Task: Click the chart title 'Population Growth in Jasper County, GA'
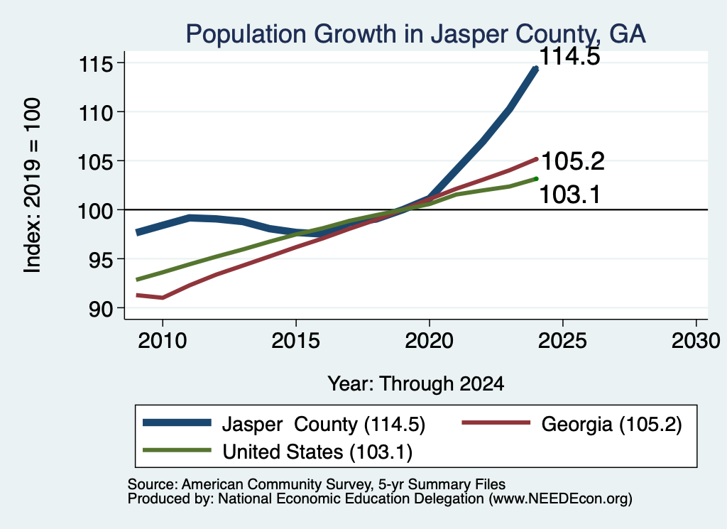pyautogui.click(x=415, y=34)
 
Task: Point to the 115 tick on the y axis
pyautogui.click(x=96, y=64)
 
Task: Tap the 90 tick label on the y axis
pyautogui.click(x=101, y=309)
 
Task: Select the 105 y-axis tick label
pyautogui.click(x=96, y=163)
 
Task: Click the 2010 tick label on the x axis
pyautogui.click(x=163, y=341)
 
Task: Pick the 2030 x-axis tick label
pyautogui.click(x=696, y=341)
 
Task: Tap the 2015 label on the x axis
pyautogui.click(x=296, y=341)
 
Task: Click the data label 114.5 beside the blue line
pyautogui.click(x=569, y=56)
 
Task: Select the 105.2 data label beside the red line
pyautogui.click(x=573, y=161)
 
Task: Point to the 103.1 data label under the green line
pyautogui.click(x=570, y=195)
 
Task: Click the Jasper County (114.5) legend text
pyautogui.click(x=324, y=424)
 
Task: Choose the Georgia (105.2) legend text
pyautogui.click(x=611, y=424)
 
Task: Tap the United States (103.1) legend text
pyautogui.click(x=317, y=452)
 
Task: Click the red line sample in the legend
pyautogui.click(x=496, y=422)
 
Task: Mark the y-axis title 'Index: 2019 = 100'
pyautogui.click(x=32, y=185)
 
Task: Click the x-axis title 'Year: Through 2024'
pyautogui.click(x=416, y=384)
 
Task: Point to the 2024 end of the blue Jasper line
pyautogui.click(x=536, y=69)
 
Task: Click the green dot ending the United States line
pyautogui.click(x=536, y=179)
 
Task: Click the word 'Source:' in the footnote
pyautogui.click(x=153, y=484)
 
